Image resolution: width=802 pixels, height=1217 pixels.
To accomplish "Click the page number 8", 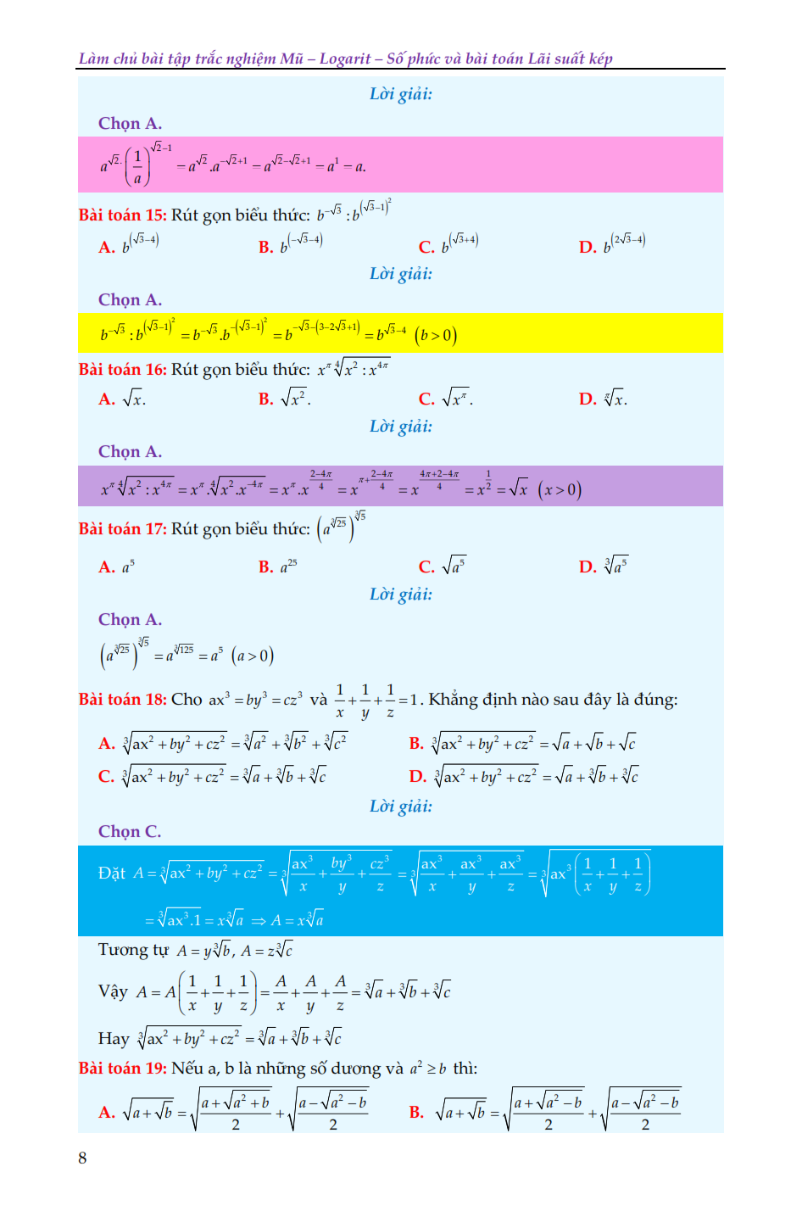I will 82,1158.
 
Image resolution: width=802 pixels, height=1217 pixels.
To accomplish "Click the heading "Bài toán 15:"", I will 123,215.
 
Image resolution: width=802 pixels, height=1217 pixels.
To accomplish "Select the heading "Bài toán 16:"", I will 123,370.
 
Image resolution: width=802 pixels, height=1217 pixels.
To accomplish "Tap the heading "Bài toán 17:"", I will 123,529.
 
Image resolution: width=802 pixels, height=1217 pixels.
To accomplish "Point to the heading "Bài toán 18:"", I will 123,700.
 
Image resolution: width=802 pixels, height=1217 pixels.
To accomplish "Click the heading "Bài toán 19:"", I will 123,1069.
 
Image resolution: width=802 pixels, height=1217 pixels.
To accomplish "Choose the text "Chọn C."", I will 130,832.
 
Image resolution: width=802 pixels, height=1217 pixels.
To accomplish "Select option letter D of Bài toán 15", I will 588,248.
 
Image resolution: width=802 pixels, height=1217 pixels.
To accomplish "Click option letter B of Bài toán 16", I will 265,399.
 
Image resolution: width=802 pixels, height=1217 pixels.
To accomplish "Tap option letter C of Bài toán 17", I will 426,567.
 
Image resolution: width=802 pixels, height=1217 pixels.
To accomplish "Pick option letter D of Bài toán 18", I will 417,777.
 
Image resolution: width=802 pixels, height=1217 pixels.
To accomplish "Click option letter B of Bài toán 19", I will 416,1113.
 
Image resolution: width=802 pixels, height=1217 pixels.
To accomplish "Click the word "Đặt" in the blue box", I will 112,874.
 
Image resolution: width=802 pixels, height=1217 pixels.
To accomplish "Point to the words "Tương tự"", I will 133,950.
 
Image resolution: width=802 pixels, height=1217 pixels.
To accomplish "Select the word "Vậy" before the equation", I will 113,992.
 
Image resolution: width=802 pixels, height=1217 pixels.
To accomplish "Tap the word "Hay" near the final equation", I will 114,1039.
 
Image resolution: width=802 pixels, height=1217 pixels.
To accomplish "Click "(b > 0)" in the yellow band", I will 436,336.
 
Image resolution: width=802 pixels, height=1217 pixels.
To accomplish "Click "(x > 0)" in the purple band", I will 560,490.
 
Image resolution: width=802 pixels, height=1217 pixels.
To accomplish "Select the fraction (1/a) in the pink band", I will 137,167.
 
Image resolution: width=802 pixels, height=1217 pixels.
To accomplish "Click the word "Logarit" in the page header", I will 345,59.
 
